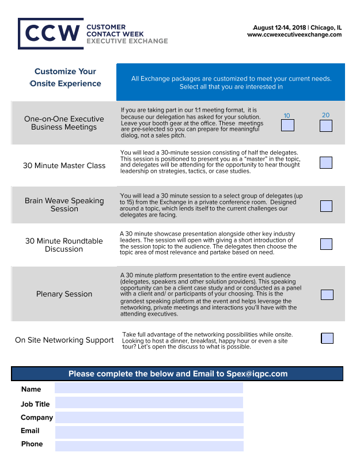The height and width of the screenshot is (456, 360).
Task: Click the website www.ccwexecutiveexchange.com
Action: coord(294,35)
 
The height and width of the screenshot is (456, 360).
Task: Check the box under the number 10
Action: coord(287,125)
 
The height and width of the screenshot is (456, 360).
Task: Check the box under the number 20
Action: coord(326,125)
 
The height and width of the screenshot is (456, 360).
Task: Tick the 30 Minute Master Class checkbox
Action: coord(326,162)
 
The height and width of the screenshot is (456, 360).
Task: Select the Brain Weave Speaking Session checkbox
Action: coord(326,206)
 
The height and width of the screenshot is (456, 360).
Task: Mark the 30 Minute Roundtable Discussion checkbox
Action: coord(326,244)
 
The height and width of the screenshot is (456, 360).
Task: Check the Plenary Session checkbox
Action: coord(327,295)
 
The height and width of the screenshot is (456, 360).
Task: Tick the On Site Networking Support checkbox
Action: coord(327,338)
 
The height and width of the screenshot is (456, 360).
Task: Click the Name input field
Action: coord(149,389)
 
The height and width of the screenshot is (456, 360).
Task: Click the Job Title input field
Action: coord(149,403)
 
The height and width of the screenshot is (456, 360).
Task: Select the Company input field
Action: coord(149,417)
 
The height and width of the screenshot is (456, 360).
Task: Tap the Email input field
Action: coord(149,432)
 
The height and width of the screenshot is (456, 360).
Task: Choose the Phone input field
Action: coord(149,446)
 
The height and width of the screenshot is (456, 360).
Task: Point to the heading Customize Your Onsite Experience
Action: coord(65,78)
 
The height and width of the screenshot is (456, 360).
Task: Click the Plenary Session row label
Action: coord(64,294)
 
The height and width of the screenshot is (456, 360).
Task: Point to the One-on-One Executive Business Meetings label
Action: coord(64,123)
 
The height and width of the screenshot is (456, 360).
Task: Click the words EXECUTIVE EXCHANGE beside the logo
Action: coord(127,41)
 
